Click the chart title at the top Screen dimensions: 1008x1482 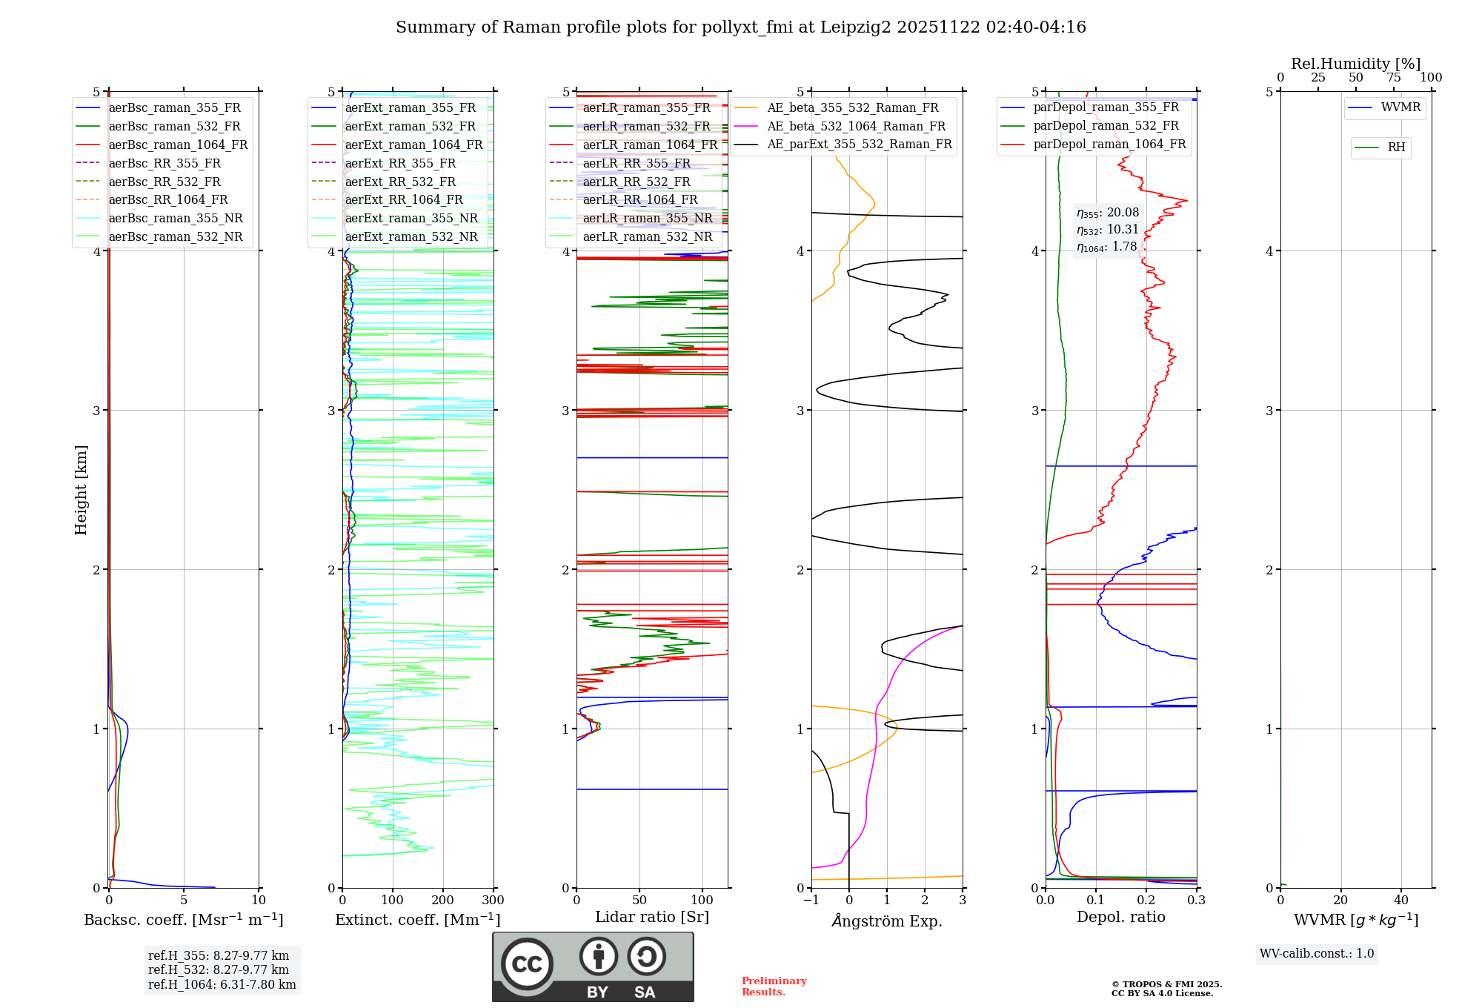pyautogui.click(x=740, y=27)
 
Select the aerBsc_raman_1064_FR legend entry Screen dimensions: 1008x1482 pyautogui.click(x=178, y=145)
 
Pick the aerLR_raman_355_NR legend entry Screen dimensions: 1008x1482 pyautogui.click(x=647, y=218)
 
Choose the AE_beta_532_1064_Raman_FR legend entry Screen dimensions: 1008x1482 pyautogui.click(x=856, y=126)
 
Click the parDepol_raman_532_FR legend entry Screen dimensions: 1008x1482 pyautogui.click(x=1106, y=126)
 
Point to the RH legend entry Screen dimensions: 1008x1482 pyautogui.click(x=1396, y=147)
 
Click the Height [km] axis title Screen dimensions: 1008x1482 pyautogui.click(x=81, y=490)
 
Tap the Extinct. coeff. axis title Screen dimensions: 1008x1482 pyautogui.click(x=417, y=920)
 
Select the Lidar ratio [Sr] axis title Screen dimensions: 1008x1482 pyautogui.click(x=651, y=917)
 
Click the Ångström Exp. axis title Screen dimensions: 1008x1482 pyautogui.click(x=887, y=921)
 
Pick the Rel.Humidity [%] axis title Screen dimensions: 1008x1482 pyautogui.click(x=1355, y=64)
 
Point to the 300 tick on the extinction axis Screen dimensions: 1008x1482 pyautogui.click(x=493, y=901)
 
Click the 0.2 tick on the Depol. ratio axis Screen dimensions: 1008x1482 pyautogui.click(x=1146, y=901)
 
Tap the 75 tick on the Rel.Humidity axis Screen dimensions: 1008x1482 pyautogui.click(x=1394, y=78)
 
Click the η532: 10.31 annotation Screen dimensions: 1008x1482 pyautogui.click(x=1107, y=230)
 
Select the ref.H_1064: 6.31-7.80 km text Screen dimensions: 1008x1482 pyautogui.click(x=222, y=985)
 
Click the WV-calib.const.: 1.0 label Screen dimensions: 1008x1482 pyautogui.click(x=1317, y=954)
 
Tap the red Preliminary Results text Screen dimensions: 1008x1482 pyautogui.click(x=774, y=987)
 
